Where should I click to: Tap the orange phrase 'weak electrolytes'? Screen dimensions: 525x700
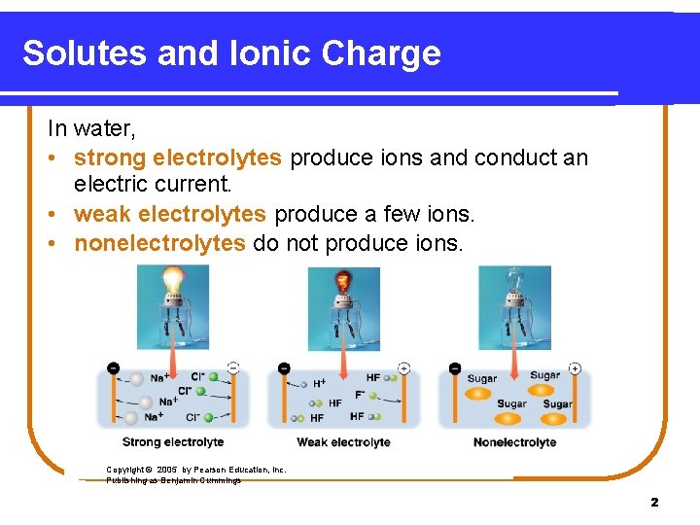click(x=170, y=213)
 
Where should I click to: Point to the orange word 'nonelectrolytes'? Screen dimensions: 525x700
click(x=159, y=242)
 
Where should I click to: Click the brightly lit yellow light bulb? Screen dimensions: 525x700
click(x=173, y=282)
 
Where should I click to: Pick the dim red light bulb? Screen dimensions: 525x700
click(x=343, y=284)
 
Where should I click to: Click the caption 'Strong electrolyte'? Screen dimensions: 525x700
click(x=173, y=442)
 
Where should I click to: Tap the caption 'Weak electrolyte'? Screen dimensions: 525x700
click(x=343, y=442)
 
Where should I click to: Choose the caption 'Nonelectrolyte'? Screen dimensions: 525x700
click(x=514, y=442)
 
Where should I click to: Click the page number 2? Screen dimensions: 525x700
click(x=654, y=502)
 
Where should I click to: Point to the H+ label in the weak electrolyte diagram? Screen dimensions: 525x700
click(x=319, y=384)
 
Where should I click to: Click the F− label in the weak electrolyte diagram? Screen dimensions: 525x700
click(x=361, y=395)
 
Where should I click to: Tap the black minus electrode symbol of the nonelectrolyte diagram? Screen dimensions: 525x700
click(x=455, y=368)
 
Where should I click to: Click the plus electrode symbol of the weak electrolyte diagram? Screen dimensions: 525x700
click(x=403, y=368)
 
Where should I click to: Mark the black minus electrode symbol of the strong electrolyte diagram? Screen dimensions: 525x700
click(x=113, y=368)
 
